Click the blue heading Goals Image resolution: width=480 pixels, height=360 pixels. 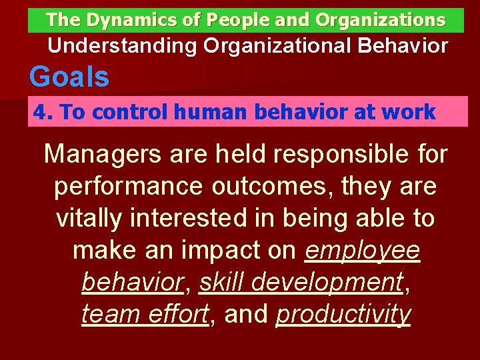pyautogui.click(x=69, y=77)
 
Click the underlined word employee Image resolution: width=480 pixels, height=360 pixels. pyautogui.click(x=363, y=251)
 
